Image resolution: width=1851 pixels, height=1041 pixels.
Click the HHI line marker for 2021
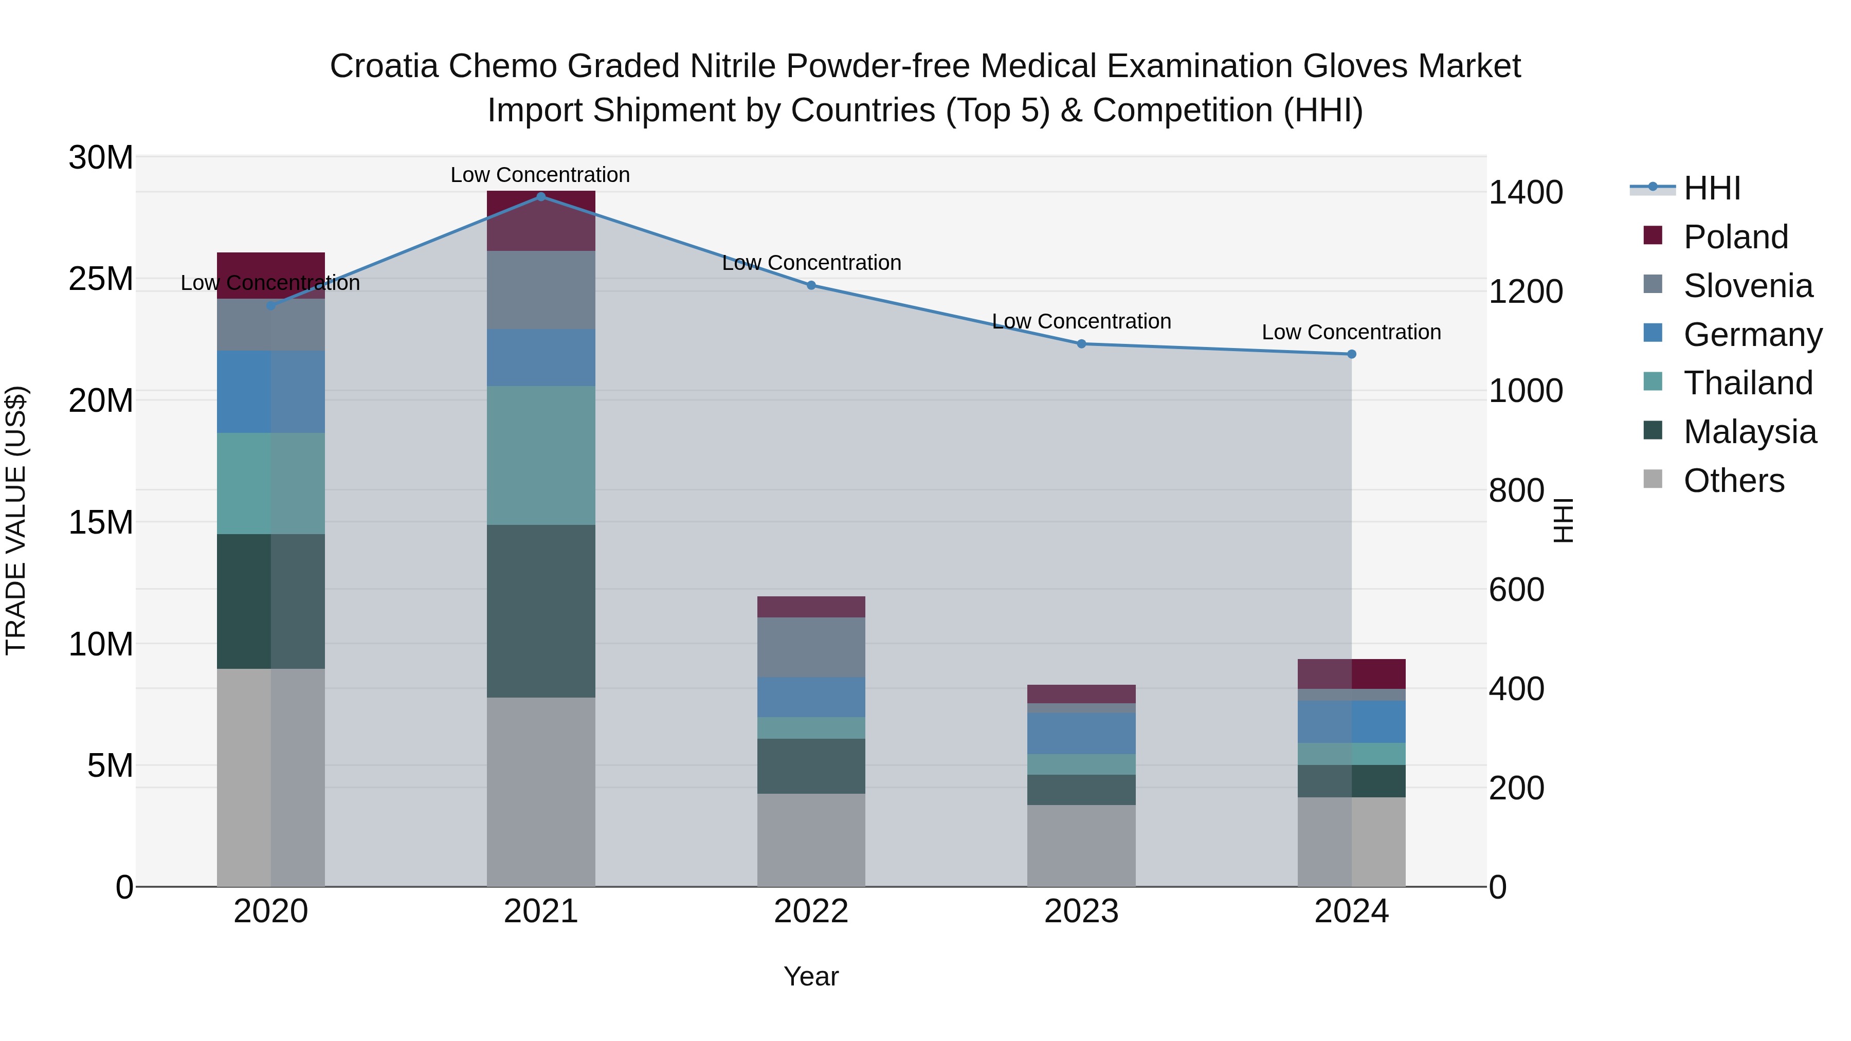click(x=541, y=196)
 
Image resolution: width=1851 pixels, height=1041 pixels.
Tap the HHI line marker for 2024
click(x=1351, y=354)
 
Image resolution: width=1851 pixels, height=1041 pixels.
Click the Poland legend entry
click(x=1735, y=237)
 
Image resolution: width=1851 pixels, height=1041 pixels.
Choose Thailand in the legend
click(x=1748, y=383)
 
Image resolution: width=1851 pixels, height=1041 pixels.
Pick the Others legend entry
click(x=1733, y=481)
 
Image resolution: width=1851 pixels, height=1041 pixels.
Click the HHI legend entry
click(x=1712, y=188)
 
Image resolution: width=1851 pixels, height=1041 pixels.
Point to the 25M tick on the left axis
click(x=101, y=279)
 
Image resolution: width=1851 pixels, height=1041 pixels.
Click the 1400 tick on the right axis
click(x=1526, y=193)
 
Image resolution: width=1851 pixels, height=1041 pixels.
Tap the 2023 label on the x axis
click(x=1081, y=911)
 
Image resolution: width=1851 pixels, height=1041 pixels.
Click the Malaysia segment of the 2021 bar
click(x=541, y=611)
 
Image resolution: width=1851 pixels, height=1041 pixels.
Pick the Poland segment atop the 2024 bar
click(x=1351, y=674)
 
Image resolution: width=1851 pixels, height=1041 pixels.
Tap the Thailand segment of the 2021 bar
click(x=541, y=455)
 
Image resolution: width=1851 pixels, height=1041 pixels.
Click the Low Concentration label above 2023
click(x=1081, y=321)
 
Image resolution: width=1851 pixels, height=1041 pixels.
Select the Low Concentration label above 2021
click(x=540, y=175)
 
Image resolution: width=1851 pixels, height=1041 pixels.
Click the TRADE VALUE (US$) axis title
click(x=16, y=520)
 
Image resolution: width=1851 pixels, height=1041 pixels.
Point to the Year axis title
click(x=810, y=976)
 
